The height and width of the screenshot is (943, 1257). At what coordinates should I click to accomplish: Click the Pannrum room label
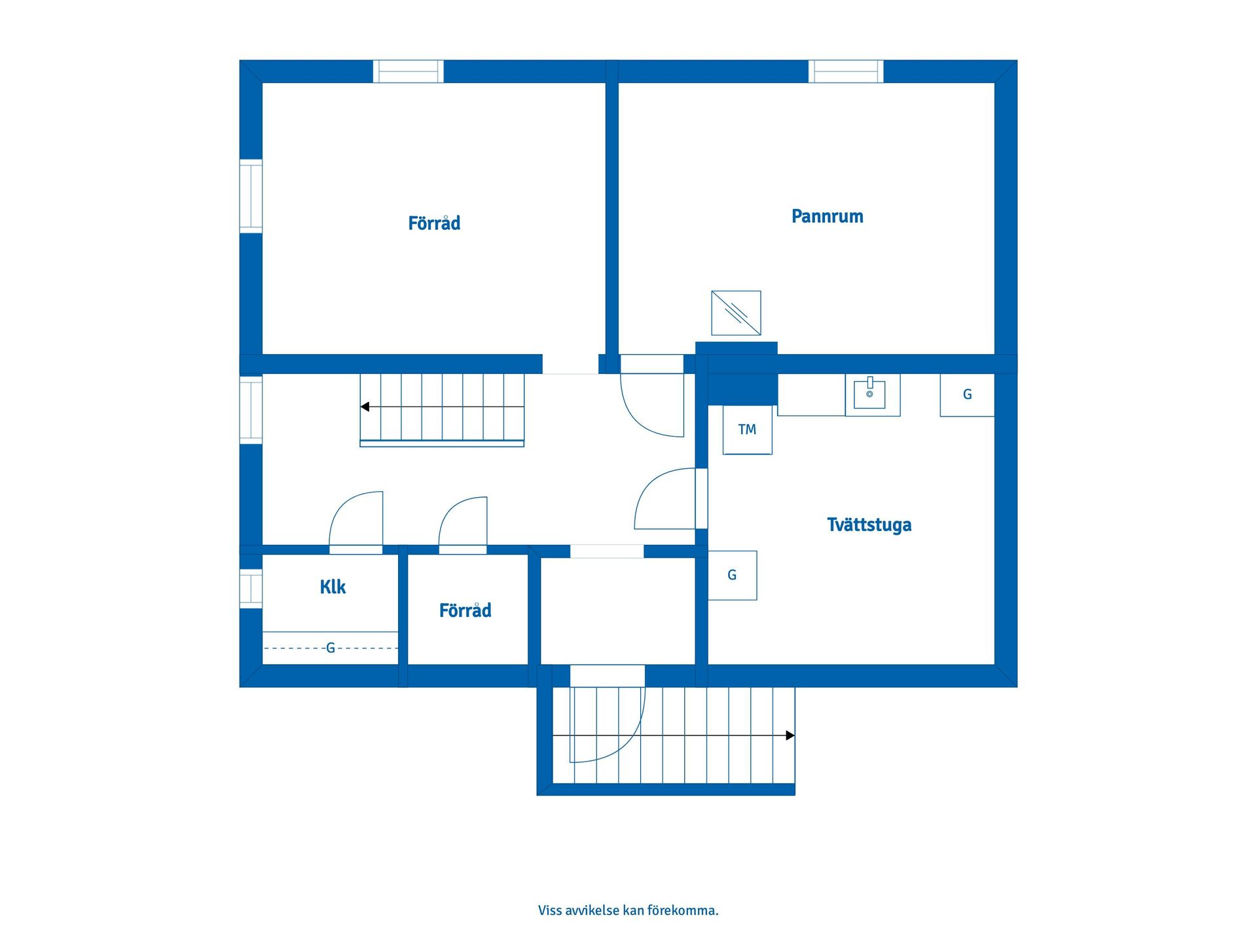[x=827, y=216]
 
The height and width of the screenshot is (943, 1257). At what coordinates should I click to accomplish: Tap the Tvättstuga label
[x=869, y=525]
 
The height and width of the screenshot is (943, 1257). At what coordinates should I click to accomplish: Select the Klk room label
[x=333, y=587]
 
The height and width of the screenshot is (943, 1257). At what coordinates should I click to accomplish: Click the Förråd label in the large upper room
[x=434, y=223]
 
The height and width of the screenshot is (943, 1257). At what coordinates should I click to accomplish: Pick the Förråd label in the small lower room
[x=465, y=610]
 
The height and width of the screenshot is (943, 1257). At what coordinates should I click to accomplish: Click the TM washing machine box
[x=747, y=430]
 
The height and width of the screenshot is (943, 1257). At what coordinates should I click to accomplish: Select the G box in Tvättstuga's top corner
[x=967, y=395]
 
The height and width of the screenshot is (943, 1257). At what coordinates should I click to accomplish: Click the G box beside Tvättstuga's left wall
[x=732, y=575]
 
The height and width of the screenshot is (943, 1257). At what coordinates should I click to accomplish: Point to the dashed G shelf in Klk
[x=330, y=648]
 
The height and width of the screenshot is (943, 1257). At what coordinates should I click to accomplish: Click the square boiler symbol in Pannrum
[x=736, y=313]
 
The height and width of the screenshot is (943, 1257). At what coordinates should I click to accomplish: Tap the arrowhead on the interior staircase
[x=365, y=407]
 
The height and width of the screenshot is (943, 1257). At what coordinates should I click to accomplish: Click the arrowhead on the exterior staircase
[x=790, y=735]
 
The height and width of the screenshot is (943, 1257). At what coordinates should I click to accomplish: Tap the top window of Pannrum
[x=846, y=71]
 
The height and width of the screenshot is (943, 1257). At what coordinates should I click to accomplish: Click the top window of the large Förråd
[x=408, y=71]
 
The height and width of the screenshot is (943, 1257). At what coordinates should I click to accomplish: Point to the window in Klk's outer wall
[x=251, y=589]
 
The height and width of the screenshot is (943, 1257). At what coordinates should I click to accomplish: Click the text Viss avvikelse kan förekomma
[x=628, y=910]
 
